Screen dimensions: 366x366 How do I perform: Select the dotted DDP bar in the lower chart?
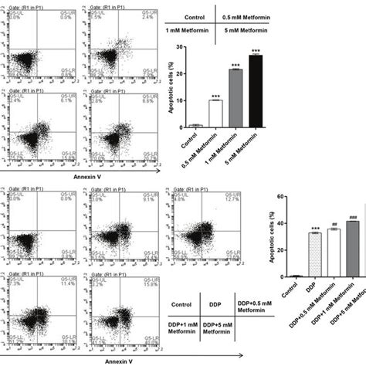pos(314,254)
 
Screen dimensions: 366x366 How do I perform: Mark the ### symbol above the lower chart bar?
pos(353,217)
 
